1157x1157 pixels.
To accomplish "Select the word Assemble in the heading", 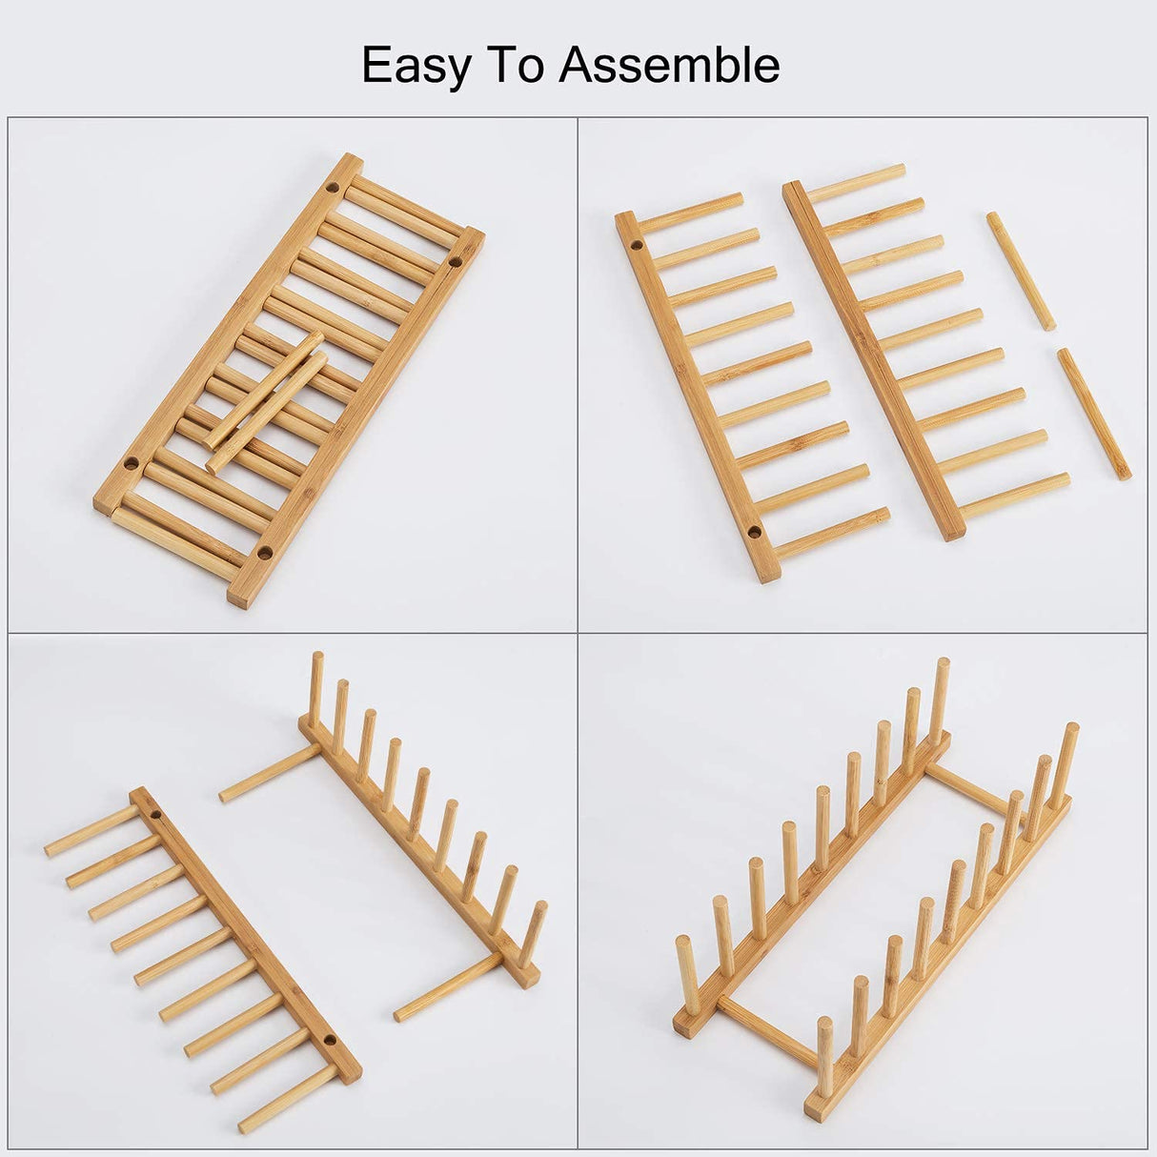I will click(669, 66).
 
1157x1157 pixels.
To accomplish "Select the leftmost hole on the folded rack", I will click(131, 464).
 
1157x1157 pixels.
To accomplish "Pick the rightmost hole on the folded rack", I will click(456, 260).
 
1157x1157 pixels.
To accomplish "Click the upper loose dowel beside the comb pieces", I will click(1021, 271).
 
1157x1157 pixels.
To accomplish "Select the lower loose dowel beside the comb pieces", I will click(1093, 414).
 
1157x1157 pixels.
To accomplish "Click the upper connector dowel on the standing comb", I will click(269, 773).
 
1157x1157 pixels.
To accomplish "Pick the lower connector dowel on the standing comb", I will click(448, 985).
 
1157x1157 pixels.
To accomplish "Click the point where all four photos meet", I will click(578, 633).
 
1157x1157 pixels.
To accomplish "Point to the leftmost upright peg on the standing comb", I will click(317, 686).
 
